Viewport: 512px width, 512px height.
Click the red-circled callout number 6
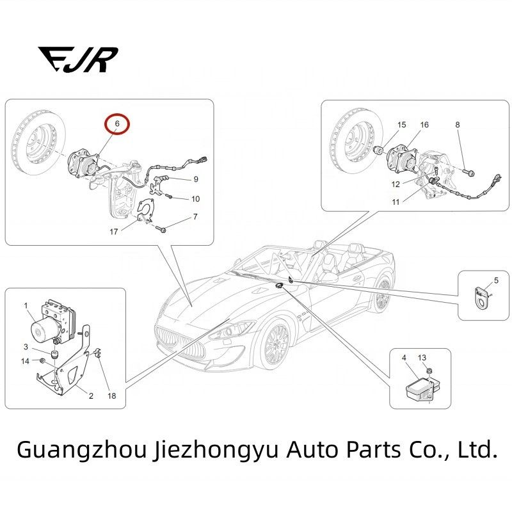[x=117, y=124]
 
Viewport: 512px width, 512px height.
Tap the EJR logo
[x=77, y=60]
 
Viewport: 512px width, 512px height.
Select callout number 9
[x=196, y=179]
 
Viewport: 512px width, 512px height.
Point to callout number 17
[x=113, y=232]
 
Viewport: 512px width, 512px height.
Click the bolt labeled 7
[x=161, y=229]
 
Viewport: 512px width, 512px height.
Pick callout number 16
[x=424, y=125]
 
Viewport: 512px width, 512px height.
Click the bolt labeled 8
[x=468, y=172]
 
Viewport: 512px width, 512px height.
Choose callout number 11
[x=396, y=202]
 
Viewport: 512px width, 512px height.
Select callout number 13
[x=422, y=358]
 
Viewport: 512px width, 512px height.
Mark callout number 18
[x=111, y=396]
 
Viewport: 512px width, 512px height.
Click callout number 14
[x=25, y=361]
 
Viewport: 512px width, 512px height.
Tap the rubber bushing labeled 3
[x=54, y=355]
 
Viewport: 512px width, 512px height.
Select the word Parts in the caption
[x=373, y=450]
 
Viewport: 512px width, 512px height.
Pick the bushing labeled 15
[x=379, y=151]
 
